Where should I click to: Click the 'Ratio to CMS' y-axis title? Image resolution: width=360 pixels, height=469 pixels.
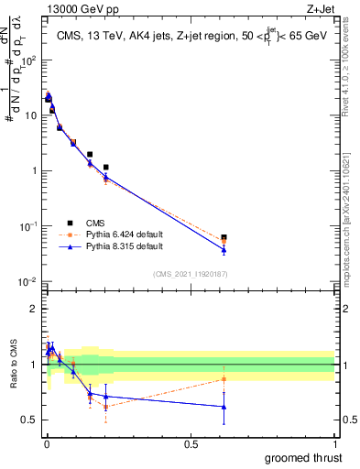click(x=13, y=365)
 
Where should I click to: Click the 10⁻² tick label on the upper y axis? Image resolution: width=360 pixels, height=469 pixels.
click(x=27, y=281)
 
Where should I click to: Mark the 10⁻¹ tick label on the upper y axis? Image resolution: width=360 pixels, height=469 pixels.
click(x=27, y=226)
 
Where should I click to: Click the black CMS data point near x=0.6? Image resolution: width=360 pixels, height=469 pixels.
click(x=224, y=237)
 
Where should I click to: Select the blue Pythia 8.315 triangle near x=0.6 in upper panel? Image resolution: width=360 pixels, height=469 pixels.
click(x=224, y=249)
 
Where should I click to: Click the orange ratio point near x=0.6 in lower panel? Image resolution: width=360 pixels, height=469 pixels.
click(x=224, y=379)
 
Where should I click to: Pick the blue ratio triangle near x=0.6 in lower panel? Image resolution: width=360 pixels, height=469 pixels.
click(x=224, y=407)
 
